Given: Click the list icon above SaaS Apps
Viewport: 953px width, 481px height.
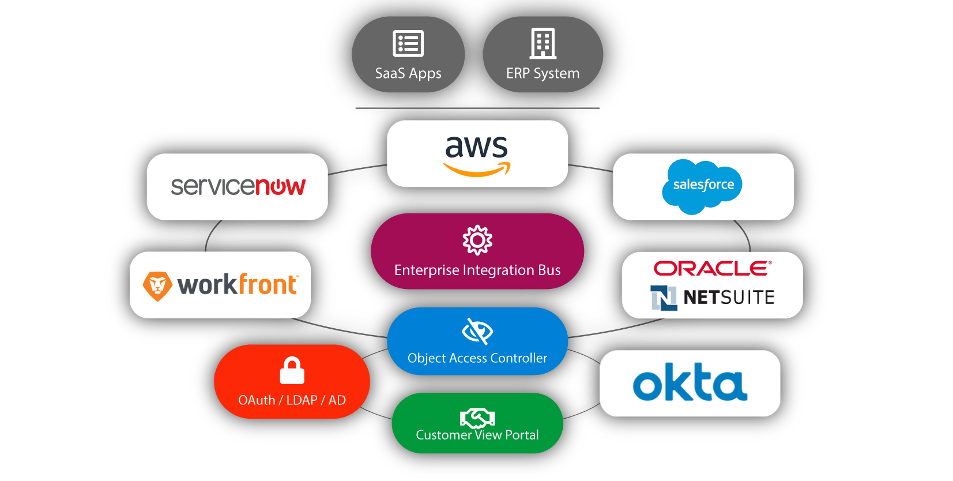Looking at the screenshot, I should coord(408,43).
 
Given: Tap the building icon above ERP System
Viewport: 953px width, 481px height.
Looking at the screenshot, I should coord(543,43).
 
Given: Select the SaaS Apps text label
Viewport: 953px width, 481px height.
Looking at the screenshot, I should coord(408,74).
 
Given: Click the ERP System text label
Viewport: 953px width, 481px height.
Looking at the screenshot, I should coord(543,74).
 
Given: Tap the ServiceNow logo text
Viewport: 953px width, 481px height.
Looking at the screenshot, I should coord(238,186).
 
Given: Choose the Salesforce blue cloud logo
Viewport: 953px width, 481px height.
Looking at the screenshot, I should coord(702,186).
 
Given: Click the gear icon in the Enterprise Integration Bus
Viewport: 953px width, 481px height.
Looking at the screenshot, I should coord(477,240).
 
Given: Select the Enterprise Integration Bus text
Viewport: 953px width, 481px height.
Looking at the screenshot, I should coord(477,270).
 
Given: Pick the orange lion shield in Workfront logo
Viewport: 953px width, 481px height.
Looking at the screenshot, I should coord(157,285).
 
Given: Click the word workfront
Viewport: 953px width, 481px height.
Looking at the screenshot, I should coord(237,285).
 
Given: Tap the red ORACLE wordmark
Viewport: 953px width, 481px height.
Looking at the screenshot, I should coord(712,268).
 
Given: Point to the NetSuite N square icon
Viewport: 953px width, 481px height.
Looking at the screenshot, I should coord(664,298).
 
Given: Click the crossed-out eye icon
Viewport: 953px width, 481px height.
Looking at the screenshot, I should coord(477,331).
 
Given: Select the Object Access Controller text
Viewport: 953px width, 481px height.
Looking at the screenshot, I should coord(477,358).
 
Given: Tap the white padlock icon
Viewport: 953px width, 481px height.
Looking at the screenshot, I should coord(292,371).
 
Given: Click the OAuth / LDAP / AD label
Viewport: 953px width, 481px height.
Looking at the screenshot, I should coord(292,400).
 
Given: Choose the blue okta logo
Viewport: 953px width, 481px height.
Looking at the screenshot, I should coord(690,382).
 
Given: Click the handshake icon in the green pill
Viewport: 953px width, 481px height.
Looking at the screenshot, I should coord(477,417).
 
